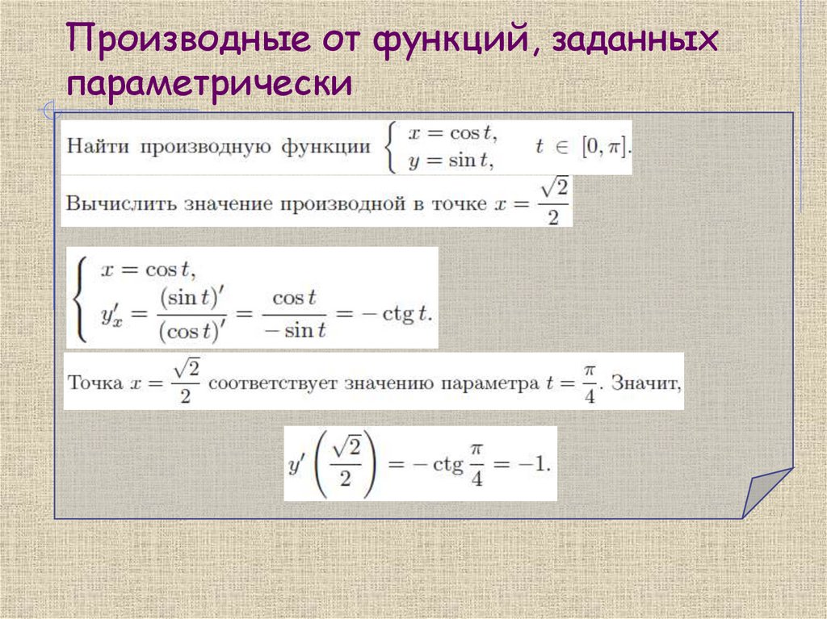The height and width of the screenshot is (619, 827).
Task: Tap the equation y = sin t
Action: coord(452,160)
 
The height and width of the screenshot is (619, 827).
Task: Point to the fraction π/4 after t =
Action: coord(590,381)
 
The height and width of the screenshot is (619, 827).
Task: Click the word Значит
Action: coord(646,383)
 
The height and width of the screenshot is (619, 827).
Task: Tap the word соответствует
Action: coord(275,383)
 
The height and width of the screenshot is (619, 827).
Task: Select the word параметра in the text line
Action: coord(493,383)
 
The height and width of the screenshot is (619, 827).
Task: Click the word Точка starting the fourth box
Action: coord(95,382)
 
